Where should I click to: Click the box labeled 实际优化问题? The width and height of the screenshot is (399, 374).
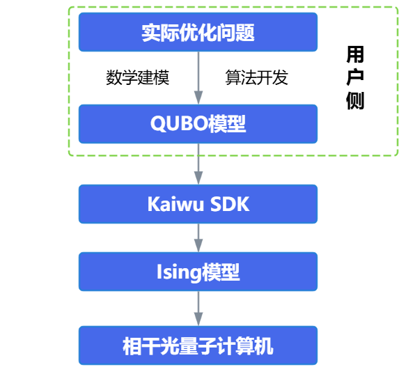[198, 32]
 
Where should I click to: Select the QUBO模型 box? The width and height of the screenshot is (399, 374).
[198, 124]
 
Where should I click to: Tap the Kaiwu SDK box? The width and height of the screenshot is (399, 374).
[198, 204]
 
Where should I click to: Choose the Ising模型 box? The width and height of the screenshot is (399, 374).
[198, 272]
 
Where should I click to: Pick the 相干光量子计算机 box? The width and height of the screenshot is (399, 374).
[198, 345]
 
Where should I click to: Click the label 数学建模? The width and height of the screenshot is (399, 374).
[137, 77]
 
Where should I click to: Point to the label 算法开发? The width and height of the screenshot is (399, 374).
[256, 77]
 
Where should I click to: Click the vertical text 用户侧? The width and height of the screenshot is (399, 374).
[355, 77]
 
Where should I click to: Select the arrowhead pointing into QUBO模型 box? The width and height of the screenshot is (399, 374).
[198, 98]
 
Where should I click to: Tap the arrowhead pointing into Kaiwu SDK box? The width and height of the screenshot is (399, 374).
[198, 178]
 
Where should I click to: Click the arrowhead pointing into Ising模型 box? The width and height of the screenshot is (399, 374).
[198, 245]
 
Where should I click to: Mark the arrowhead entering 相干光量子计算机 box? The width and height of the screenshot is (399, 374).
[198, 319]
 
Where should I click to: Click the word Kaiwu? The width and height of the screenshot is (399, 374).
[175, 204]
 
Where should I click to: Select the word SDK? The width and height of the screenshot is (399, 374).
[230, 204]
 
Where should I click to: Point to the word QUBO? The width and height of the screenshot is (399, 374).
[180, 124]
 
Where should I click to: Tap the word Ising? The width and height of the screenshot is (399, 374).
[179, 272]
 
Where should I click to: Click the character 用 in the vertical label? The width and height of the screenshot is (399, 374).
[355, 54]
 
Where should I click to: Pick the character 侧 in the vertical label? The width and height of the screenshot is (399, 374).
[355, 100]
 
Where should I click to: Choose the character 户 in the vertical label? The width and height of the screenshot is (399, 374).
[355, 77]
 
